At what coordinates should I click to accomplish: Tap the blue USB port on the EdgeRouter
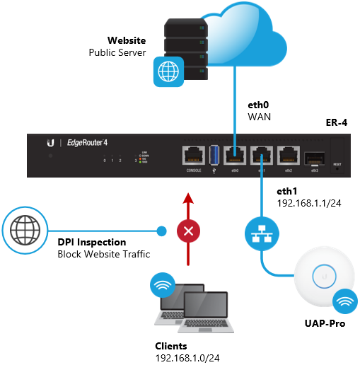(215, 155)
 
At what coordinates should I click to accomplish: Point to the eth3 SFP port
(315, 156)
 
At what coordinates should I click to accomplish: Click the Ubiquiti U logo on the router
(50, 142)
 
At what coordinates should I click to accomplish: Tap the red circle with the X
(187, 231)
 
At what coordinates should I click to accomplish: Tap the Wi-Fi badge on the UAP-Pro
(345, 301)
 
